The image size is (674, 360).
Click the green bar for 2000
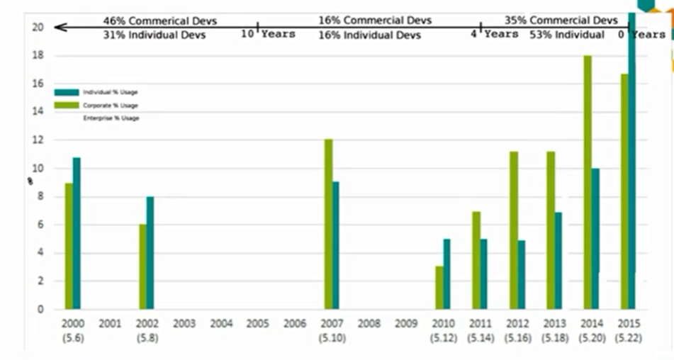click(x=69, y=246)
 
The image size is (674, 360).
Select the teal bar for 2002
click(x=150, y=252)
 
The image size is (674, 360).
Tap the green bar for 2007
click(x=328, y=224)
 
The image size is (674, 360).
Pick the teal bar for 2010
click(x=446, y=274)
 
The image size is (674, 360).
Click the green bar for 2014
click(x=588, y=182)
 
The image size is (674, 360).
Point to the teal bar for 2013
click(x=558, y=260)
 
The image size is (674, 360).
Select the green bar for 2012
click(x=513, y=230)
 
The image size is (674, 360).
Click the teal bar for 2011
click(x=483, y=274)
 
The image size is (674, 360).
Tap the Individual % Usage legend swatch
click(x=67, y=92)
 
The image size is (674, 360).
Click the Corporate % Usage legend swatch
click(x=67, y=105)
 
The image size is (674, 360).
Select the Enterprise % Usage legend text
click(x=111, y=118)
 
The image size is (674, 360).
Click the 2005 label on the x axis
click(x=257, y=324)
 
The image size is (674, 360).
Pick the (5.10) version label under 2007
click(x=332, y=339)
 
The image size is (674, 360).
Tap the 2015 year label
click(x=629, y=324)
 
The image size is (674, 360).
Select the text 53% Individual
click(x=567, y=35)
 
